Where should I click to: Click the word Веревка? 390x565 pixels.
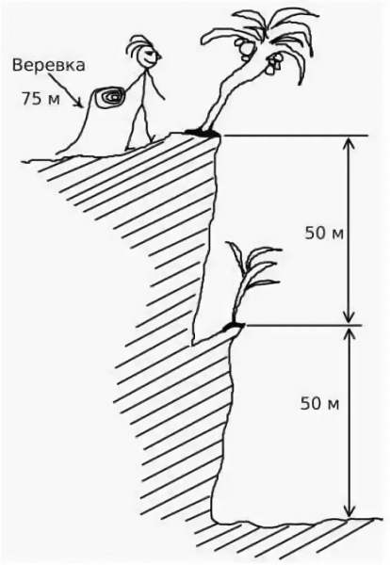[x=49, y=66]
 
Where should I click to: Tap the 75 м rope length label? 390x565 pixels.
[x=41, y=99]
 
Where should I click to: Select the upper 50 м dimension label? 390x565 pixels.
[x=324, y=234]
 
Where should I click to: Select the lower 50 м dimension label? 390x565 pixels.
[x=320, y=403]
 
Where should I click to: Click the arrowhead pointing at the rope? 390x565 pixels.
[x=78, y=104]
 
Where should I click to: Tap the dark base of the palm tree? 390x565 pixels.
[x=202, y=133]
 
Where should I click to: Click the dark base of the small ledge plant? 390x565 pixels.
[x=234, y=327]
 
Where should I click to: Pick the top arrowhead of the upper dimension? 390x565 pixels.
[x=349, y=142]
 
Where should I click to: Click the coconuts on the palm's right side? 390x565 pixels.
[x=275, y=64]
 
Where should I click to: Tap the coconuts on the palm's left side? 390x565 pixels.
[x=243, y=48]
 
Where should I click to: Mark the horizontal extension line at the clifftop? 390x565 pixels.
[x=294, y=137]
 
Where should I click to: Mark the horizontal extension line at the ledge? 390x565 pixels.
[x=302, y=326]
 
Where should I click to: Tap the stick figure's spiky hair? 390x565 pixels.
[x=139, y=46]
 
